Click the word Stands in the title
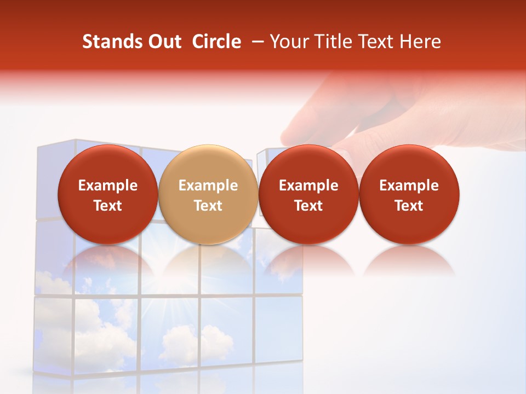110,42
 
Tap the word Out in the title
163,42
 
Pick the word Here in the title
420,42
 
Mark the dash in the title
258,42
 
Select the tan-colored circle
208,194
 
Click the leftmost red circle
107,194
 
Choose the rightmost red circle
409,194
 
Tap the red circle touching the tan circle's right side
308,194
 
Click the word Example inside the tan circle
208,186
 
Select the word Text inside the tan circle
208,206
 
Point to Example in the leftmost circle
107,186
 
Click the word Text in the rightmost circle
409,206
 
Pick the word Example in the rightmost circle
409,186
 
